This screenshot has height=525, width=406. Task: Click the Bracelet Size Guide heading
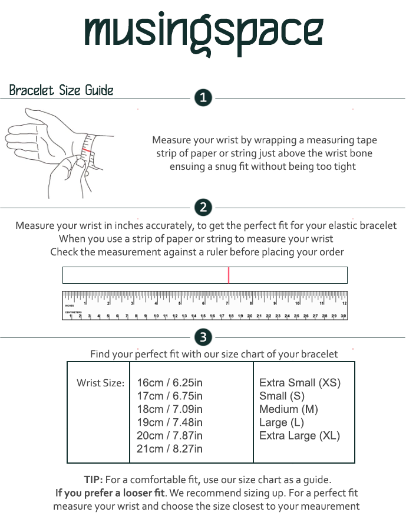(x=61, y=91)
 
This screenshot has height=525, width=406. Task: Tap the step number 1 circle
(x=203, y=98)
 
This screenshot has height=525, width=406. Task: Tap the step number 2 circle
(x=203, y=208)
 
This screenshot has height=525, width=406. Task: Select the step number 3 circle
(x=203, y=337)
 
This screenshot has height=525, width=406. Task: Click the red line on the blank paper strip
(x=229, y=275)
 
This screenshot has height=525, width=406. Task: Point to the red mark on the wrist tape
(x=88, y=150)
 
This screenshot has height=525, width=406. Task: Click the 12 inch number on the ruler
(x=344, y=303)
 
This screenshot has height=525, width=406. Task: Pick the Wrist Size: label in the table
(x=100, y=383)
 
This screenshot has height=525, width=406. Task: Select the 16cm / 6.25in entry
(x=170, y=383)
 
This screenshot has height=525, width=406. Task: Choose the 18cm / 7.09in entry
(x=170, y=409)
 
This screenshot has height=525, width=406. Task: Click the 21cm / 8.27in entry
(x=170, y=449)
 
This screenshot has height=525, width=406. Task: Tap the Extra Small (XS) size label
(x=300, y=383)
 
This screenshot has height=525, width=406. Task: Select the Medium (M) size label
(x=289, y=409)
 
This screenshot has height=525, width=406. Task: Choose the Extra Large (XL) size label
(x=300, y=436)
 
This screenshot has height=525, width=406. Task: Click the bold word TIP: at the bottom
(x=94, y=480)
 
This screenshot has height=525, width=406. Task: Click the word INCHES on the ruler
(x=70, y=306)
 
